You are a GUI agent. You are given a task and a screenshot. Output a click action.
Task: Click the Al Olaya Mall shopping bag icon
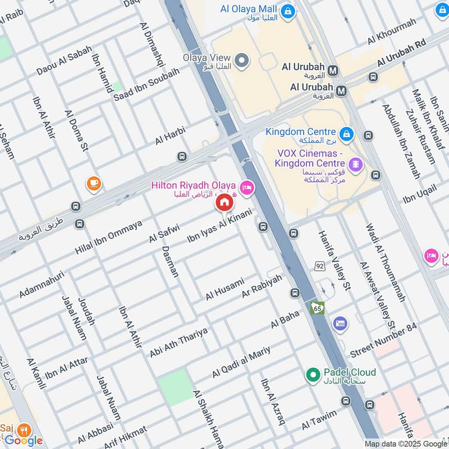point(288,11)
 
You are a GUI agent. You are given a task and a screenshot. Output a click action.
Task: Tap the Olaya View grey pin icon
point(242,61)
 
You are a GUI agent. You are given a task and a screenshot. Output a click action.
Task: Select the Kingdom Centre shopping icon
point(346,134)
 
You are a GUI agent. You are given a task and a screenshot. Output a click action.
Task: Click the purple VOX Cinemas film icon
point(355,164)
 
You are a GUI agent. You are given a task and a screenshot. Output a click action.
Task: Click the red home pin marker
point(224,203)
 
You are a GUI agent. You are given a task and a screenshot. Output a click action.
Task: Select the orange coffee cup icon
point(93,182)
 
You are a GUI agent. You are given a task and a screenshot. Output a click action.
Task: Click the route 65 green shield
point(318,308)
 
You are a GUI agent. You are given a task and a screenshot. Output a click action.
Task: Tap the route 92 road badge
point(319,266)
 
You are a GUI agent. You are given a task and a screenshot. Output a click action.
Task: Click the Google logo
point(24,441)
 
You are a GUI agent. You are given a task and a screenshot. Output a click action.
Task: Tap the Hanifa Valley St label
point(335,261)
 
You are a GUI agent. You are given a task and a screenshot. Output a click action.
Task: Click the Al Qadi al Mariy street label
point(241,361)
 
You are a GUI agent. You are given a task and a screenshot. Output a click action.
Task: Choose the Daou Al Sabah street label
point(64,61)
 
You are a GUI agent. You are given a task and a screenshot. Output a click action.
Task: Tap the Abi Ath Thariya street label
point(178,342)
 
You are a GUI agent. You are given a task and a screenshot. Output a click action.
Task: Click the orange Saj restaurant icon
point(23,430)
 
